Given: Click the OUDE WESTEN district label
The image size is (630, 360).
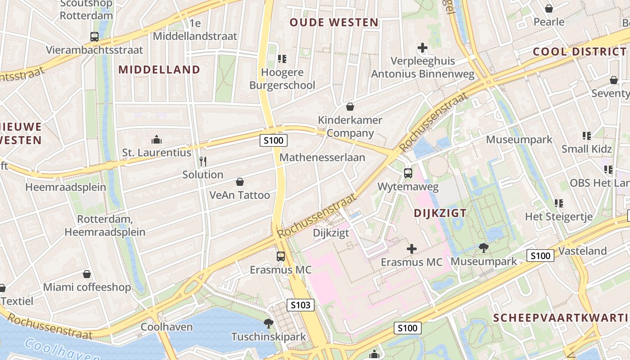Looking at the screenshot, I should tap(333, 22).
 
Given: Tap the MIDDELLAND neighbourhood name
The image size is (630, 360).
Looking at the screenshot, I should tap(159, 69).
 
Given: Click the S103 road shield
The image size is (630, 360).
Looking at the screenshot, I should tap(301, 305).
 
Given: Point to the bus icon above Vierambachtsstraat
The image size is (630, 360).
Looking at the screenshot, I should tap(94, 37).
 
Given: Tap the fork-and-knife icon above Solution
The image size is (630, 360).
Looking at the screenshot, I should tap(203, 162).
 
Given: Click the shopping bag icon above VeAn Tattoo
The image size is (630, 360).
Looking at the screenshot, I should tap(240, 182).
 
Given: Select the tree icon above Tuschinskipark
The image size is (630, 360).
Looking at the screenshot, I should tap(269, 323).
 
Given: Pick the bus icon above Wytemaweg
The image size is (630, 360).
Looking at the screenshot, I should tap(408, 173).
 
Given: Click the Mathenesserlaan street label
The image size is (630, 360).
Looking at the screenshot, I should tap(322, 157).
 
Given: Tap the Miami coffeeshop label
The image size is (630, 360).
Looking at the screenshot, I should tap(87, 287).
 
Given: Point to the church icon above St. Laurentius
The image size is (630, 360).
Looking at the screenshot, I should tap(157, 139).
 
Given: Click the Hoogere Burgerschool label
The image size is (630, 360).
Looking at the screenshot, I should tap(282, 79).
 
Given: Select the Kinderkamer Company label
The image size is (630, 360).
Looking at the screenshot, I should tap(350, 126).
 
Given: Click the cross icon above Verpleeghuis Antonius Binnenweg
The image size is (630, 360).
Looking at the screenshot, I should tap(422, 47).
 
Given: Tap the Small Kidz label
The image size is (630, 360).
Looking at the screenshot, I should tap(586, 149).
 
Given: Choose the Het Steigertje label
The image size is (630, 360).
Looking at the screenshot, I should tap(558, 216).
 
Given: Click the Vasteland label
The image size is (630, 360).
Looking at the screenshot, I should tap(582, 251).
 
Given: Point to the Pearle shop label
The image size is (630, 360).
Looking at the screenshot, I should tap(549, 22).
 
